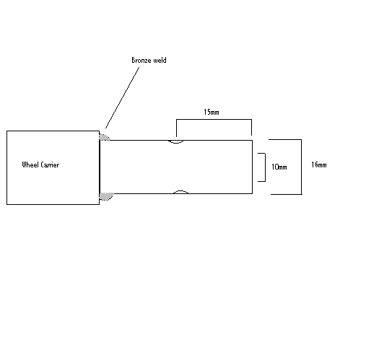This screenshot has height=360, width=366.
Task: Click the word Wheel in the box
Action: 30,164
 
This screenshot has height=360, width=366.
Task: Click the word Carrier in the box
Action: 50,164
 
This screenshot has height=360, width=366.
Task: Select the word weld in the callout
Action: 160,60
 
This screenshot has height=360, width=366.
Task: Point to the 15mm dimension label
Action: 212,112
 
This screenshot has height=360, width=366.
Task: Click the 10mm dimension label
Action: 279,167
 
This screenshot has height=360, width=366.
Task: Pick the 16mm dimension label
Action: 319,164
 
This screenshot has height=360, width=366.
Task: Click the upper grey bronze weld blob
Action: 104,137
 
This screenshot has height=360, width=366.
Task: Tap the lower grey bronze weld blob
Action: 106,196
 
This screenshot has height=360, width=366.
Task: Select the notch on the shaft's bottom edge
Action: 180,191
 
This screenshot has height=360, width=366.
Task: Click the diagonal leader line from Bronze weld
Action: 122,97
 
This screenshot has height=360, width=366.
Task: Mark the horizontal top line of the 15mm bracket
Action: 214,119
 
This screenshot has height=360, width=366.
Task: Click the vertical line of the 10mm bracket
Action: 265,167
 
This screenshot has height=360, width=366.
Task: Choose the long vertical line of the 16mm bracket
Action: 301,167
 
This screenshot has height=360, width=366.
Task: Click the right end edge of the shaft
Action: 252,167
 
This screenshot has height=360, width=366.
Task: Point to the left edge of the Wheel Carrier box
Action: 6,167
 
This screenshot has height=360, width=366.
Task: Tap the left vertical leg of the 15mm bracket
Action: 176,128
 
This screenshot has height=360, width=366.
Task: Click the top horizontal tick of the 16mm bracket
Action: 285,139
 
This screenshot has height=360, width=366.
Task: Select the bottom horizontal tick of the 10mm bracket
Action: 261,181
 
